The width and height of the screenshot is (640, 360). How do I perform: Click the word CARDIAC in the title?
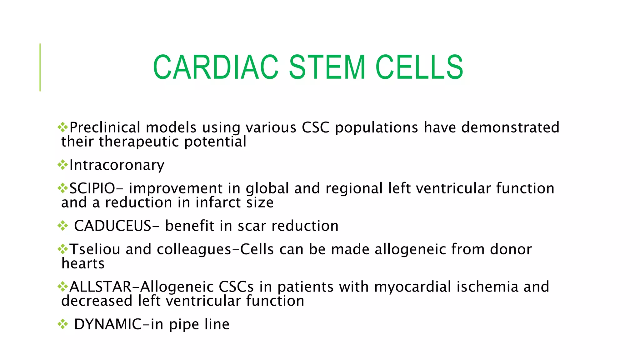pyautogui.click(x=215, y=67)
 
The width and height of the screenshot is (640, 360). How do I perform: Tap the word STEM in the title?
pyautogui.click(x=327, y=67)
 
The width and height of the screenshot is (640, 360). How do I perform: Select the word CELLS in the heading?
pyautogui.click(x=419, y=67)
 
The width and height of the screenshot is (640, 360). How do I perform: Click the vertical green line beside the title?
pyautogui.click(x=40, y=67)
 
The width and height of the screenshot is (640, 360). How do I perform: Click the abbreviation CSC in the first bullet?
pyautogui.click(x=315, y=127)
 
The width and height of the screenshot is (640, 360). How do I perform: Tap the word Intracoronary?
pyautogui.click(x=117, y=165)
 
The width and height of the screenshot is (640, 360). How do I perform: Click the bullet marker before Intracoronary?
pyautogui.click(x=63, y=165)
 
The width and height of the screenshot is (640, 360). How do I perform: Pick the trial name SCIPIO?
pyautogui.click(x=92, y=188)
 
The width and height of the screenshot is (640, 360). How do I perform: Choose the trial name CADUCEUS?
pyautogui.click(x=112, y=226)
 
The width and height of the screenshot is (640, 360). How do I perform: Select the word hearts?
pyautogui.click(x=83, y=263)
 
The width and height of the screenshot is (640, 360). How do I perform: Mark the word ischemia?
pyautogui.click(x=487, y=287)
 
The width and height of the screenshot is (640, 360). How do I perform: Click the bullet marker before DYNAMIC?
pyautogui.click(x=63, y=324)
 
